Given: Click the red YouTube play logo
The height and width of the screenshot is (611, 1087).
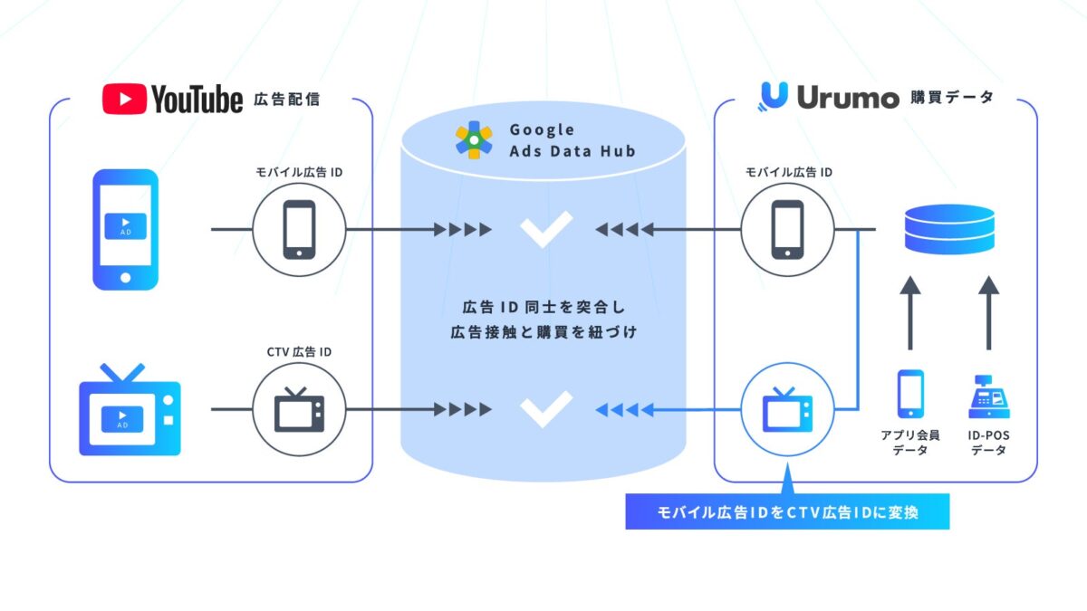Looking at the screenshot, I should tap(124, 99).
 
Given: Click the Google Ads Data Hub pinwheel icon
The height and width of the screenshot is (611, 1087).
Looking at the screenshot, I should tap(474, 139).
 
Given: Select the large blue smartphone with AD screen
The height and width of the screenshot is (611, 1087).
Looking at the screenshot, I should tap(125, 230).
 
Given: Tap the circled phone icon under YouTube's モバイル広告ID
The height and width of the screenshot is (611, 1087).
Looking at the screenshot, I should tap(299, 230).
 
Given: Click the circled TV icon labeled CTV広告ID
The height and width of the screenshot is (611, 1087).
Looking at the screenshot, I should tap(299, 410).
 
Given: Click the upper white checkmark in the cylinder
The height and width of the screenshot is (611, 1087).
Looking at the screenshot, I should tap(545, 228).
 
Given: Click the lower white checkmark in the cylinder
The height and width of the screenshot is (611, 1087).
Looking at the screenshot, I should tap(545, 409).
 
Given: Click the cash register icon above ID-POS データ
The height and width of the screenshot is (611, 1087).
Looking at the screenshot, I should tap(988, 396).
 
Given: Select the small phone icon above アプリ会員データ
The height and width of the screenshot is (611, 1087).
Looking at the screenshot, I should tap(910, 395).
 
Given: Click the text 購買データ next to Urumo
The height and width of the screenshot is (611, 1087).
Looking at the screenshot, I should tap(951, 98).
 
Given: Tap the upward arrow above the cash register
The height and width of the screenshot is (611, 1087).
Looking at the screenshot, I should tap(988, 312).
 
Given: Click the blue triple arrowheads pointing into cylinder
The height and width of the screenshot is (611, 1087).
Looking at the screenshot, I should tap(618, 410).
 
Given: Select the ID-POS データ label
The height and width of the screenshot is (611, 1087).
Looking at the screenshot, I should tap(988, 443).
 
